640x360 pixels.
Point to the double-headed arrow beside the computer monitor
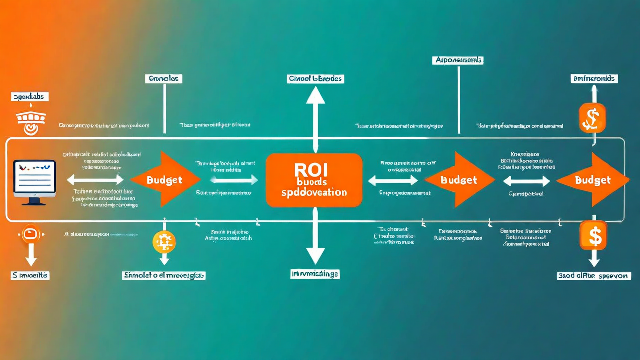click(95, 180)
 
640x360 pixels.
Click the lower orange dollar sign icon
click(593, 235)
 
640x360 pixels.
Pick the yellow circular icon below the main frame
click(164, 242)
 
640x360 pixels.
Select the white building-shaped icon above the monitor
click(31, 119)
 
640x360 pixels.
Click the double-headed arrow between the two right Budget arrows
click(526, 180)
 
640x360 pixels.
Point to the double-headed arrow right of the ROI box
click(393, 180)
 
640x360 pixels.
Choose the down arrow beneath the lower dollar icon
click(593, 258)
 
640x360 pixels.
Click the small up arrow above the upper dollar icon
click(594, 93)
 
